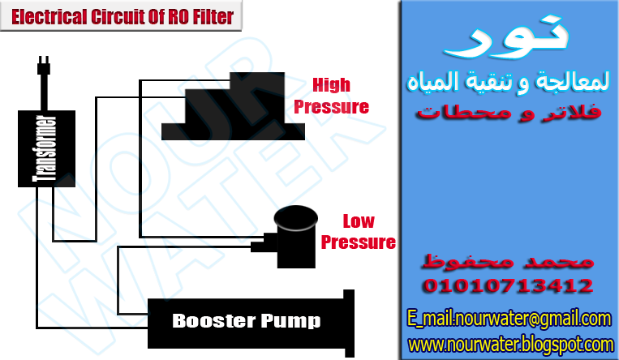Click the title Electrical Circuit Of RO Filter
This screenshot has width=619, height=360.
point(123,15)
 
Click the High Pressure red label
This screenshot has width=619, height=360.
point(331,95)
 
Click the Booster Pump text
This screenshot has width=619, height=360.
point(246,321)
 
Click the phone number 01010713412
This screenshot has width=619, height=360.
point(507,286)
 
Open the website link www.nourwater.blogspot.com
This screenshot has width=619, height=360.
point(510,345)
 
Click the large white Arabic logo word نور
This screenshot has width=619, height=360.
point(509,41)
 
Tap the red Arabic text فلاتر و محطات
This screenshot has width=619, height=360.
point(509,111)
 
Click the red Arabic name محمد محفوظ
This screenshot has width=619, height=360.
point(509,262)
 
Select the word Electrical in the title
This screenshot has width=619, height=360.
point(46,15)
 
